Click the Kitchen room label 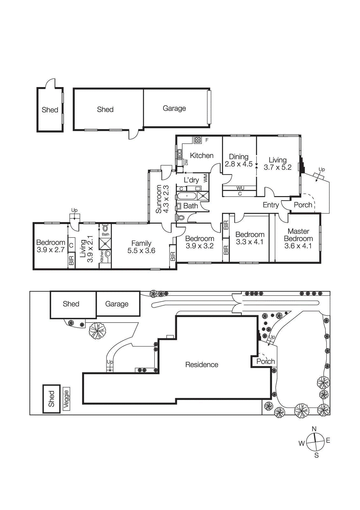[x=202, y=156]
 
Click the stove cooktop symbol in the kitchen [x=198, y=140]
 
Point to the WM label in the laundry [x=205, y=178]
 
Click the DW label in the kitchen [x=186, y=162]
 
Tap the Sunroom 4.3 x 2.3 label [x=162, y=199]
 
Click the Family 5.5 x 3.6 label [x=141, y=247]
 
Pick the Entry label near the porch [x=271, y=205]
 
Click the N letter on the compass [x=314, y=429]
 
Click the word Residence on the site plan [x=202, y=365]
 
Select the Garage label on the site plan [x=117, y=304]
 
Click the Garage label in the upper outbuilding [x=174, y=108]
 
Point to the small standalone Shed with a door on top [x=50, y=110]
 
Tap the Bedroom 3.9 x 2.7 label [x=51, y=246]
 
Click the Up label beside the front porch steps [x=322, y=169]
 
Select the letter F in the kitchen [x=207, y=140]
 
